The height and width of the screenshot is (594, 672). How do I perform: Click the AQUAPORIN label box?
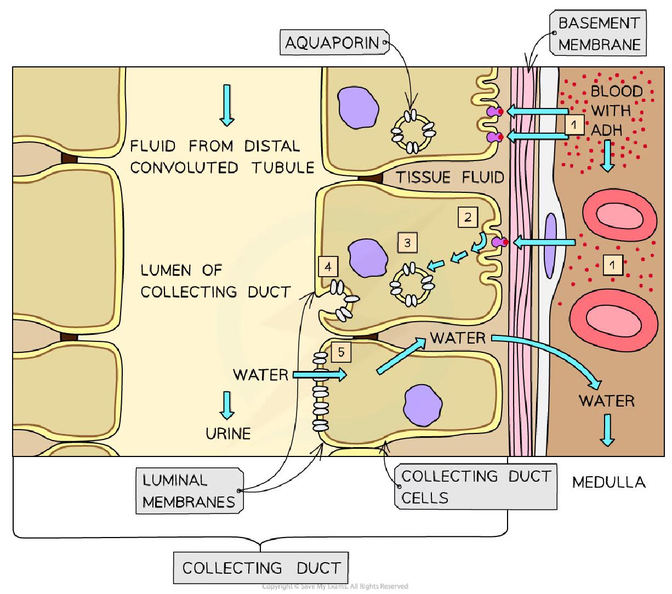(x=333, y=42)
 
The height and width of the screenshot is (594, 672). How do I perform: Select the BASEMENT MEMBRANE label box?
(x=599, y=34)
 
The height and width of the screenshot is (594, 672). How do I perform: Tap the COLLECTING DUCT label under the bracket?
(x=261, y=568)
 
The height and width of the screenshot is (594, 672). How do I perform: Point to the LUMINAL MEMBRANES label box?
(x=189, y=490)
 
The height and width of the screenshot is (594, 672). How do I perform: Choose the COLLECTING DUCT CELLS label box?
(x=475, y=487)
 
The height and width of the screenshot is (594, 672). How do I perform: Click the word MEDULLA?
(x=608, y=482)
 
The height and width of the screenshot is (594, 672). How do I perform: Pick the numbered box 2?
(x=467, y=217)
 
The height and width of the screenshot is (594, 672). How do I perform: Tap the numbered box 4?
(x=328, y=267)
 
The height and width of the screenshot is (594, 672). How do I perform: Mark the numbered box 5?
(x=341, y=352)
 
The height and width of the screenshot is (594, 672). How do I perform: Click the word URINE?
(x=228, y=433)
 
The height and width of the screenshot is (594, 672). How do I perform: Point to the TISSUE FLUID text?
(x=449, y=177)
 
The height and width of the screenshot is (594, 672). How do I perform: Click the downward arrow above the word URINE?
(x=226, y=405)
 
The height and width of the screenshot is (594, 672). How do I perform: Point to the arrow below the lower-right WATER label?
(x=607, y=430)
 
